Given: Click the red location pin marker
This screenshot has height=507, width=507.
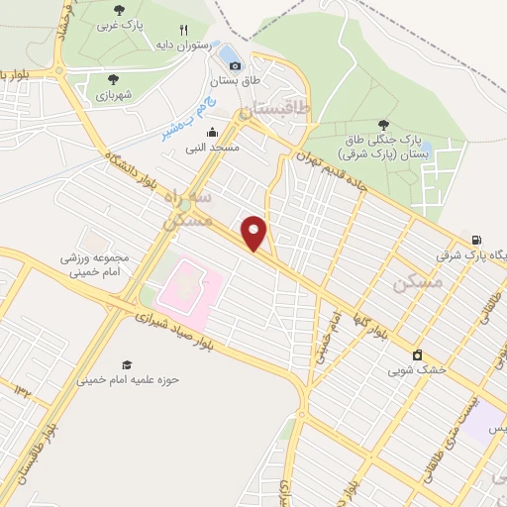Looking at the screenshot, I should [254, 232].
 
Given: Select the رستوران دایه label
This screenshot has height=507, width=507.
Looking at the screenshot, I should [182, 45].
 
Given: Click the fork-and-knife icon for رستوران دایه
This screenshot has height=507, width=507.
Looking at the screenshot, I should [183, 31].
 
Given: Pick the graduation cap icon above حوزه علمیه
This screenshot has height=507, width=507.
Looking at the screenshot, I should [126, 365].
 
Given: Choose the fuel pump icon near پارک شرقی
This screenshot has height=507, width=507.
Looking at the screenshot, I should [478, 239].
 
